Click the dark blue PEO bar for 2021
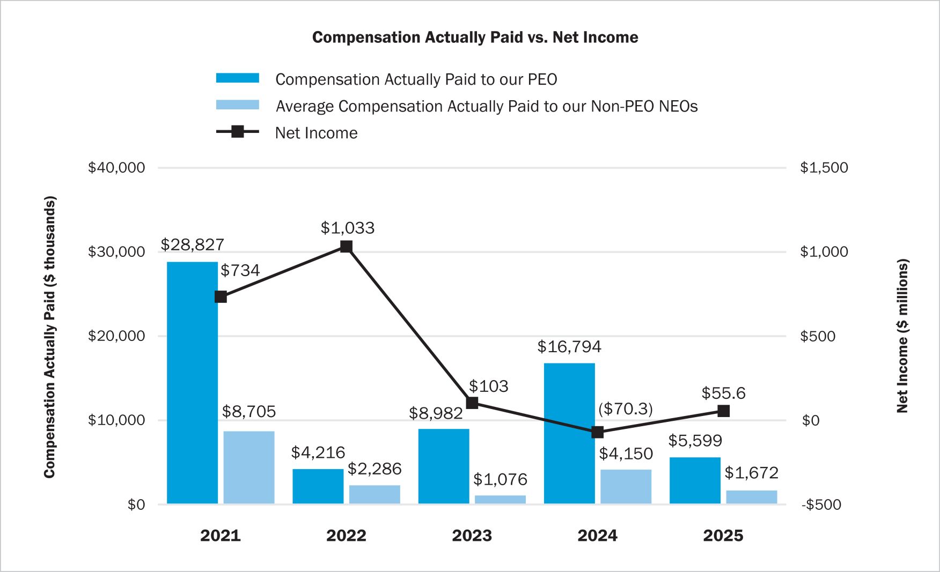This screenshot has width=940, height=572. click(x=192, y=383)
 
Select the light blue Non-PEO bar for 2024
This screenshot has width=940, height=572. click(x=626, y=486)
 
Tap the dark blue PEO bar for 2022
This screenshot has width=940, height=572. click(x=318, y=486)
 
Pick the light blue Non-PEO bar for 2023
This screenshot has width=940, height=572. click(x=500, y=499)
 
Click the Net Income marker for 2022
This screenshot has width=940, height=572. click(x=346, y=247)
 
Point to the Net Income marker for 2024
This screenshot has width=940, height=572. click(x=597, y=432)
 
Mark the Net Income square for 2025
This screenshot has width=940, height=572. click(x=723, y=411)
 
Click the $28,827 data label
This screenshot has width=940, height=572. click(x=192, y=245)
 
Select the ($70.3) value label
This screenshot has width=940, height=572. click(x=626, y=409)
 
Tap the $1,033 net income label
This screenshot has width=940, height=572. click(x=348, y=228)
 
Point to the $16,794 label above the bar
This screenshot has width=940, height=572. click(x=569, y=347)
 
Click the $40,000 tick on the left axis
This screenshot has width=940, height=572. click(x=116, y=168)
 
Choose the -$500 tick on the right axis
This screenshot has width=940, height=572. click(x=821, y=504)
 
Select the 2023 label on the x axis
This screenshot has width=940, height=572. click(x=472, y=536)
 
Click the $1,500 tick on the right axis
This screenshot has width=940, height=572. click(x=824, y=168)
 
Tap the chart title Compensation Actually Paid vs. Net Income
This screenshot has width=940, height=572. click(x=475, y=38)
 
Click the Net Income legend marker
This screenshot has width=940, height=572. click(x=237, y=132)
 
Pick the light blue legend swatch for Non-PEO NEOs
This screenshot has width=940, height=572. click(x=237, y=105)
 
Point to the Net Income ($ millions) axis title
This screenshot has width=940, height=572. click(x=902, y=336)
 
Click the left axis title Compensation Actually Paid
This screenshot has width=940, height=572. click(x=50, y=337)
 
